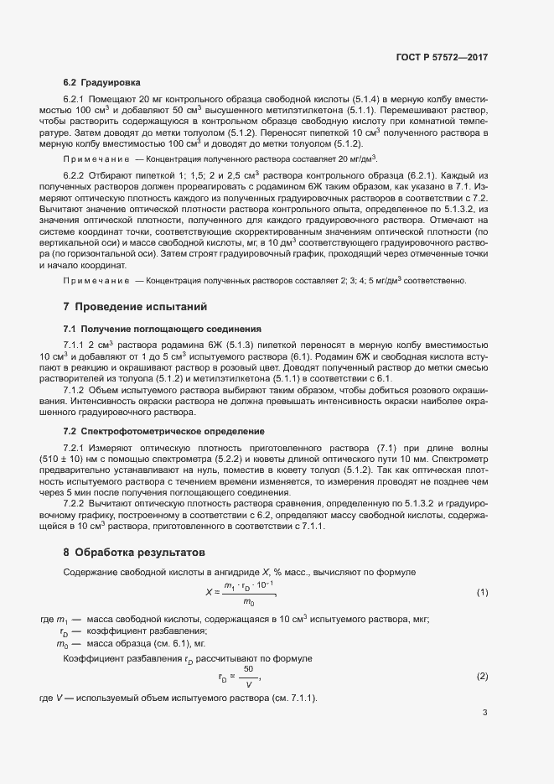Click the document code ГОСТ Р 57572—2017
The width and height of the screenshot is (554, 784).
click(442, 57)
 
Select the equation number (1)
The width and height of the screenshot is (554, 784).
click(482, 593)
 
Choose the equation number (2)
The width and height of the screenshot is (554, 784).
click(482, 676)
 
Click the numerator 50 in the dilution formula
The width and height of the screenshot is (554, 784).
click(249, 668)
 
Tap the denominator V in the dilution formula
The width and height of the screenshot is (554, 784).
click(249, 684)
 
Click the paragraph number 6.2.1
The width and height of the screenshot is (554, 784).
click(76, 99)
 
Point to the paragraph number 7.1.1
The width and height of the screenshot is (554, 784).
click(76, 345)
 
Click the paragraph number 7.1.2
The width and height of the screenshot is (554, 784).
click(76, 390)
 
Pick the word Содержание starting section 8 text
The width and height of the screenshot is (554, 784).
click(90, 572)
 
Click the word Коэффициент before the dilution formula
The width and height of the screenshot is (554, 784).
click(93, 658)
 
